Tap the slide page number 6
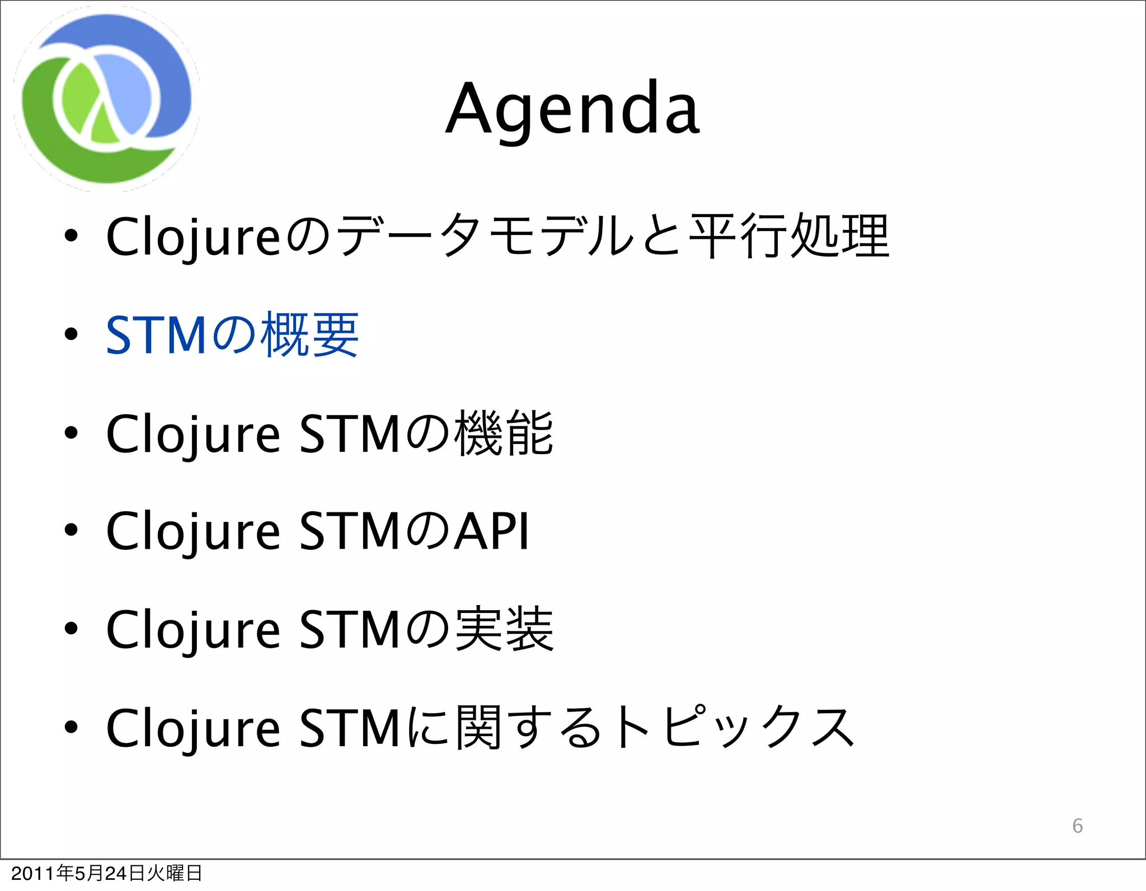[1077, 826]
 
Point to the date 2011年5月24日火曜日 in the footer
[106, 873]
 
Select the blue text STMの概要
[232, 335]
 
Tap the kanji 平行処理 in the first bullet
[789, 236]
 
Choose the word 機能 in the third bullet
[504, 433]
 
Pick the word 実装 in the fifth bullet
[504, 629]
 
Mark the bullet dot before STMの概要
[71, 334]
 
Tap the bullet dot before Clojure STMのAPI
[71, 530]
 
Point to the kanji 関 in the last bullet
[478, 727]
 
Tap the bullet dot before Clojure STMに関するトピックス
[71, 727]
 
